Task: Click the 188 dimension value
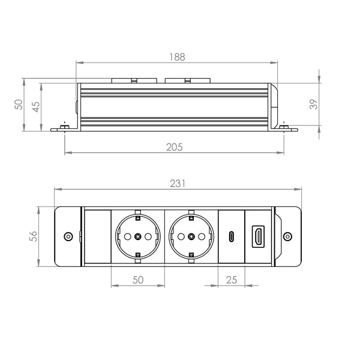[x=177, y=57]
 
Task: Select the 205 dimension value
[x=174, y=147]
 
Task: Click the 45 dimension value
[x=36, y=106]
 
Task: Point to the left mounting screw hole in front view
[x=68, y=236]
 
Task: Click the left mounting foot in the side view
[x=63, y=128]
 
